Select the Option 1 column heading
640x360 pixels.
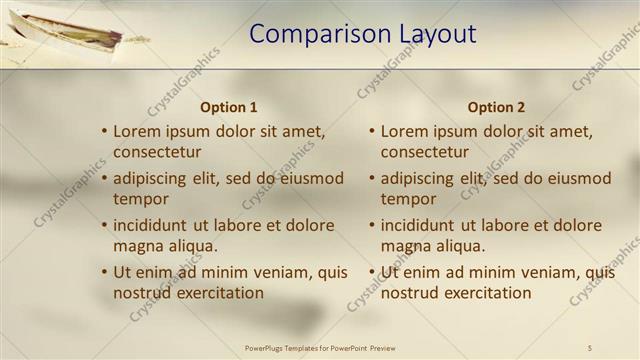pyautogui.click(x=229, y=107)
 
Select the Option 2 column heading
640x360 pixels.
pyautogui.click(x=496, y=107)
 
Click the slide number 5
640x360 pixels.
pyautogui.click(x=590, y=347)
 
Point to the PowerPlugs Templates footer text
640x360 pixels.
pyautogui.click(x=320, y=347)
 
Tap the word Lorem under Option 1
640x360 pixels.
pyautogui.click(x=138, y=131)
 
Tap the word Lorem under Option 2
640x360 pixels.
pyautogui.click(x=405, y=131)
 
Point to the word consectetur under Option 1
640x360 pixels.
pyautogui.click(x=157, y=152)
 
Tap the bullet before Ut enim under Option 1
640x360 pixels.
pyautogui.click(x=104, y=272)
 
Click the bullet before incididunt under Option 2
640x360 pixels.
pyautogui.click(x=371, y=225)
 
